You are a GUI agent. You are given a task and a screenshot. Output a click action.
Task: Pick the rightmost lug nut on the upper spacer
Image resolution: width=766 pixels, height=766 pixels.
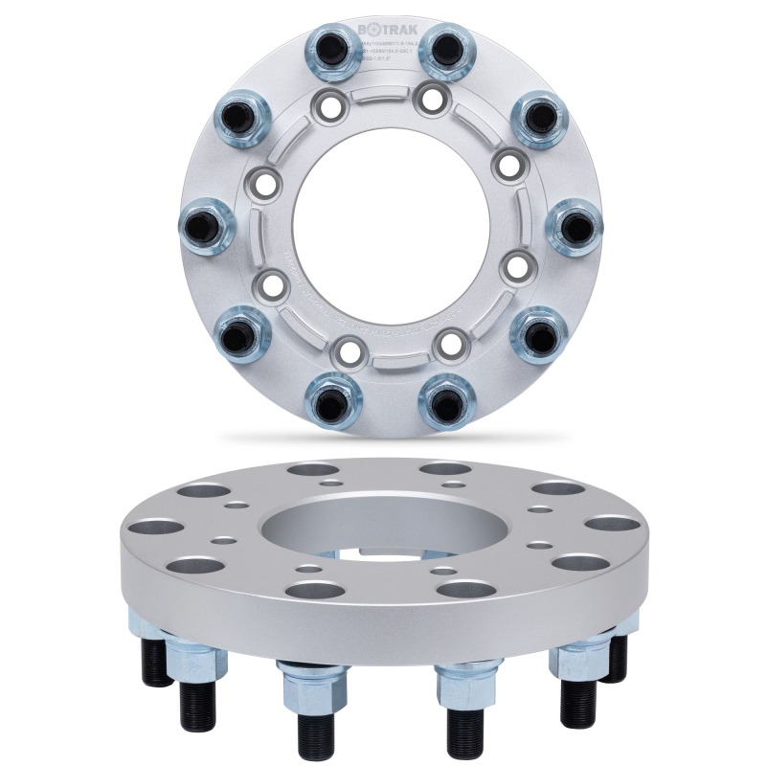coord(574,228)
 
